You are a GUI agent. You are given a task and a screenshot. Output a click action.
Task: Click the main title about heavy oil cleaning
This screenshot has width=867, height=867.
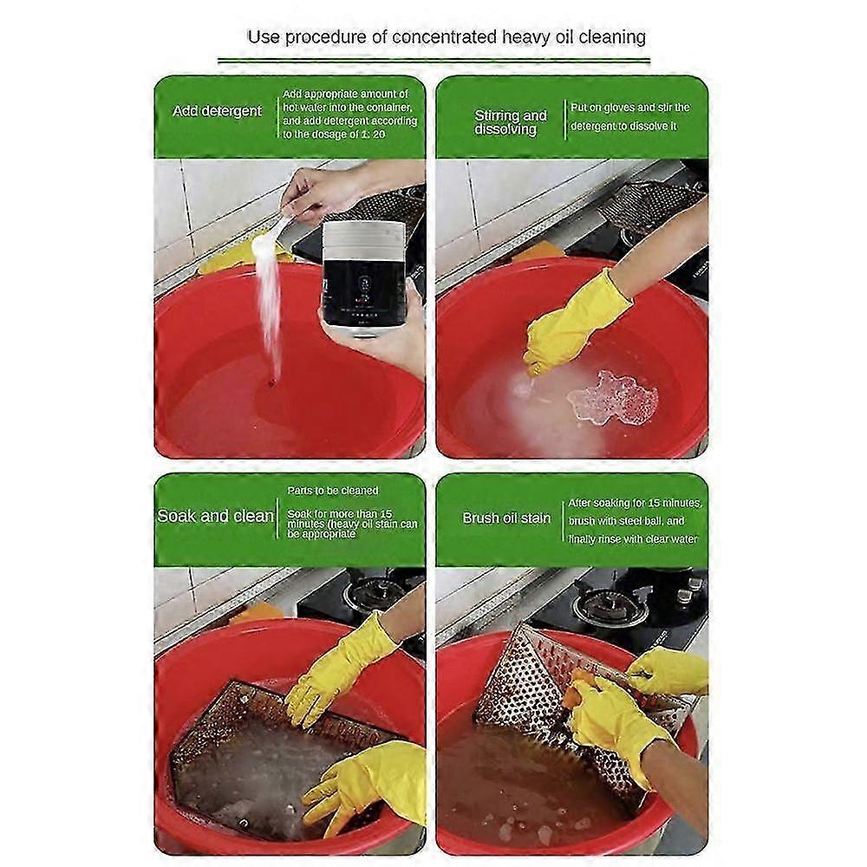click(x=447, y=37)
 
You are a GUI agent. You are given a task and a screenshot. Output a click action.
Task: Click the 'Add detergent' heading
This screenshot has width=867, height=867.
click(x=217, y=111)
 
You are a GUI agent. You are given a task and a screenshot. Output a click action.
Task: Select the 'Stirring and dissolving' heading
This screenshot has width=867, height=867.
click(x=511, y=121)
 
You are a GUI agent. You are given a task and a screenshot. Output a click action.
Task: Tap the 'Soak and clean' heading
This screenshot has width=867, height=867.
click(x=215, y=516)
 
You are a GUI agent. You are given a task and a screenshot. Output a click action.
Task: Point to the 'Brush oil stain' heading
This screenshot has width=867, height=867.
click(x=506, y=518)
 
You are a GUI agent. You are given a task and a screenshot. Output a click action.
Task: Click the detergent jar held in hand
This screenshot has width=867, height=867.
click(x=364, y=277)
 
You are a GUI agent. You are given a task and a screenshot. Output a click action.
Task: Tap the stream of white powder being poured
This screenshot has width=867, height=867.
click(x=271, y=303)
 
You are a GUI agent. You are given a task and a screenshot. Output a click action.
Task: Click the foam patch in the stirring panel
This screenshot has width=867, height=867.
click(x=612, y=399)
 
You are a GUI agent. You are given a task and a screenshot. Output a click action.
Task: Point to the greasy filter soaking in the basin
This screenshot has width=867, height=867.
click(x=260, y=746)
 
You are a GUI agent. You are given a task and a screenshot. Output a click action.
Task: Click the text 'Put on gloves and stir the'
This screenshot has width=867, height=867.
click(x=629, y=108)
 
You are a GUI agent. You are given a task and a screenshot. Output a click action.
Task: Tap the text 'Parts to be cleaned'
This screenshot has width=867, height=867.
click(x=333, y=491)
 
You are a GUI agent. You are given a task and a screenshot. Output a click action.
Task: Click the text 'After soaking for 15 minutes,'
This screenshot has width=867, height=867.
click(x=635, y=503)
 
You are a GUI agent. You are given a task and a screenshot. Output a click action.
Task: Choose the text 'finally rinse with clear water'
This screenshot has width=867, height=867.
click(x=633, y=539)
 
